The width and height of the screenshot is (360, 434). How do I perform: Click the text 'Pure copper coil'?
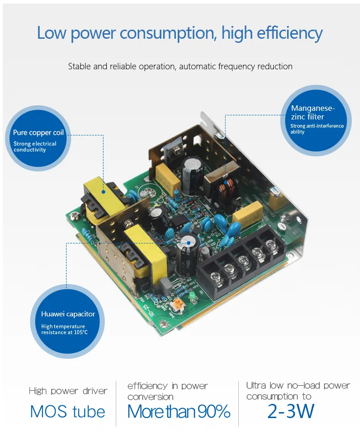pos(38,133)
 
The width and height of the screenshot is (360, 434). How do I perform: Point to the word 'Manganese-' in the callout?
pos(313,108)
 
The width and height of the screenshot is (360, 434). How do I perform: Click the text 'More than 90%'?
pos(179,412)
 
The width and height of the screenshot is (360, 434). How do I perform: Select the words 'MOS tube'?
pos(67,412)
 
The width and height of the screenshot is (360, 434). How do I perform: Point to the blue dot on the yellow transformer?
pos(103,192)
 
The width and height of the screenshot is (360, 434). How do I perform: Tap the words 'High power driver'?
pos(68,391)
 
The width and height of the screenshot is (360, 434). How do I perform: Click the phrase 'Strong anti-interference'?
pos(317,126)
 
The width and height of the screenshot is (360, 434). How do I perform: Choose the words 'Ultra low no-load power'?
pos(298,386)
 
